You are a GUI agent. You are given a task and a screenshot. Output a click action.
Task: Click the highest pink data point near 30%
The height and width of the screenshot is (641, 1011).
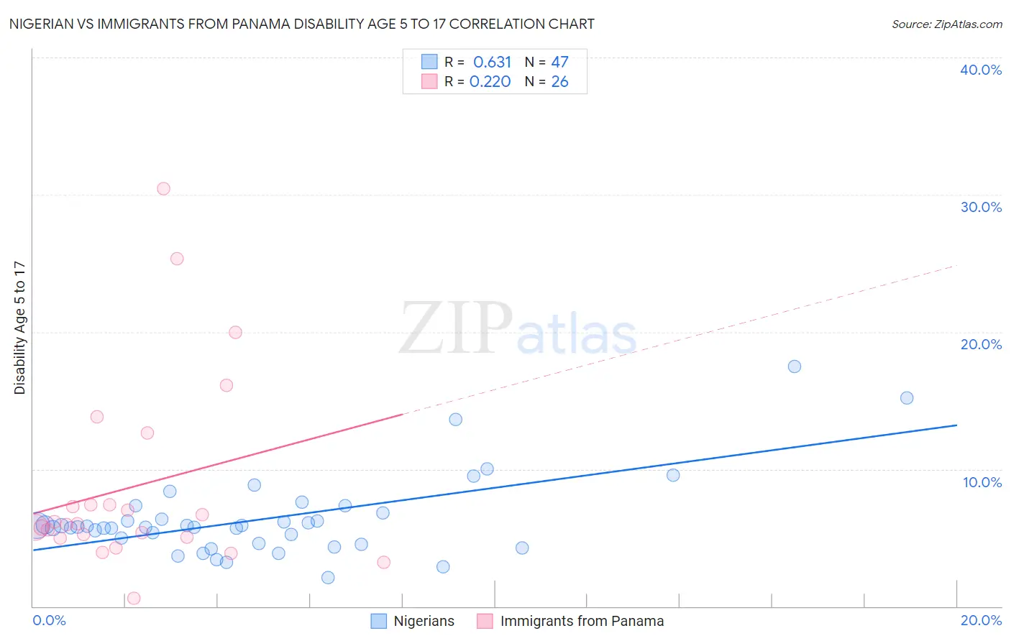[163, 189]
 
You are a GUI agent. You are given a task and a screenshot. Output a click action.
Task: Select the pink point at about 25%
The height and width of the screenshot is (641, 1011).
[177, 259]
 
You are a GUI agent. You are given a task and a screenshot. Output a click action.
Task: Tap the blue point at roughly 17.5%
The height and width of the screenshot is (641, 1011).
[795, 366]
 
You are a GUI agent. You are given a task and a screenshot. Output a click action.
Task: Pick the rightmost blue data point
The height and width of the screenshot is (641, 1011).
[907, 398]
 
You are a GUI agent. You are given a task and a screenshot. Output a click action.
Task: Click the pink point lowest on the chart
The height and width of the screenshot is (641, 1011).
[134, 599]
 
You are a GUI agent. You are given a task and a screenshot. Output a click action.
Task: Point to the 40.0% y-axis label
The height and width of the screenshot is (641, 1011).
[981, 70]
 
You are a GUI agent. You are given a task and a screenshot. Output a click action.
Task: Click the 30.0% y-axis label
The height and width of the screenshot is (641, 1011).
[981, 207]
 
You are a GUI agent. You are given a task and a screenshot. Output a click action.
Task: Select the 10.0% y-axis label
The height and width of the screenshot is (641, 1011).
[982, 482]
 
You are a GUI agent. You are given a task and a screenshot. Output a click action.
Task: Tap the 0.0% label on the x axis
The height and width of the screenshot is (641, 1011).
[49, 620]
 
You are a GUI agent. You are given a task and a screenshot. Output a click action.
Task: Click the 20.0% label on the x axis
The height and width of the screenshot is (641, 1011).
[981, 620]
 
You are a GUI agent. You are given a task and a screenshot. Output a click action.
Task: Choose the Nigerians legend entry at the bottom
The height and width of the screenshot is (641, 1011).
[424, 622]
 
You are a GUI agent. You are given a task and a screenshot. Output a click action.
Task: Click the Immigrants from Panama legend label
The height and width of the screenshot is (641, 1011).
[582, 622]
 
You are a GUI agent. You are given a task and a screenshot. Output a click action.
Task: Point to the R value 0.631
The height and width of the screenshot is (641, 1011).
[492, 63]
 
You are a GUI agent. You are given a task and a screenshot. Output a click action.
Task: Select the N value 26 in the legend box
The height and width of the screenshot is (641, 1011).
[559, 82]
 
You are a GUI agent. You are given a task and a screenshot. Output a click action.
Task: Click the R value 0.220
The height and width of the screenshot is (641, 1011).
[490, 82]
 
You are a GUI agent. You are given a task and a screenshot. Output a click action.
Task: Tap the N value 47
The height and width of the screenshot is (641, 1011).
[559, 63]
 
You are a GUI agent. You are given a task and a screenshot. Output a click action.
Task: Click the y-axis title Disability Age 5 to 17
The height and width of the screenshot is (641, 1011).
[20, 328]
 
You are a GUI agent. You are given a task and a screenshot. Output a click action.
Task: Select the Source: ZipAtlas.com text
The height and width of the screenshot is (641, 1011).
[946, 24]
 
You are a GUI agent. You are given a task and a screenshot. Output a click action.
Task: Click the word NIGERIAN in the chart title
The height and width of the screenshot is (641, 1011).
[41, 24]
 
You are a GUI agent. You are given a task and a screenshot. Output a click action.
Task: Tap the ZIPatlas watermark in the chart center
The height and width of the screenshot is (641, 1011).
[518, 329]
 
